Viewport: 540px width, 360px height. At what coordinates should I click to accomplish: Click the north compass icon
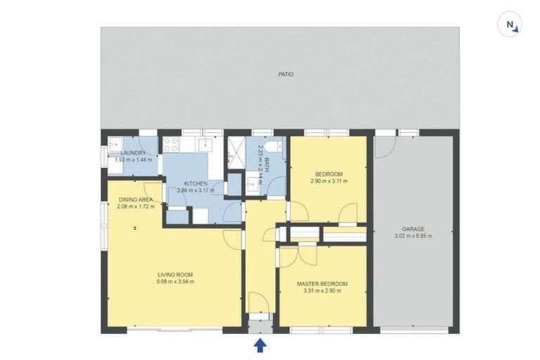pos(512,26)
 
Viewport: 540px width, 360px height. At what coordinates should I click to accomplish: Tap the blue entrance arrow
pos(259,345)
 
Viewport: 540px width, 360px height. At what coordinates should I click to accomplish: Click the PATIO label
pos(285,73)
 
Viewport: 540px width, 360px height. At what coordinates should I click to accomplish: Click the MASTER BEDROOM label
pos(324,284)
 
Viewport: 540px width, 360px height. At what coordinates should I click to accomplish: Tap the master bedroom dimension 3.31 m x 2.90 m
pos(324,291)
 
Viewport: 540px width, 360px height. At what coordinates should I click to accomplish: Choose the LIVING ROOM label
pos(176,274)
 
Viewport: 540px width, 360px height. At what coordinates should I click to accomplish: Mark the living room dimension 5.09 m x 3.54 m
pos(176,281)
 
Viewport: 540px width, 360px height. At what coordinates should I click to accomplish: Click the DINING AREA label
pos(136,199)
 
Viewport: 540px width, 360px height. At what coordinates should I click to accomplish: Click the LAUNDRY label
pos(133,153)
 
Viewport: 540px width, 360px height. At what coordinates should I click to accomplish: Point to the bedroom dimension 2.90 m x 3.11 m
pos(328,181)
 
